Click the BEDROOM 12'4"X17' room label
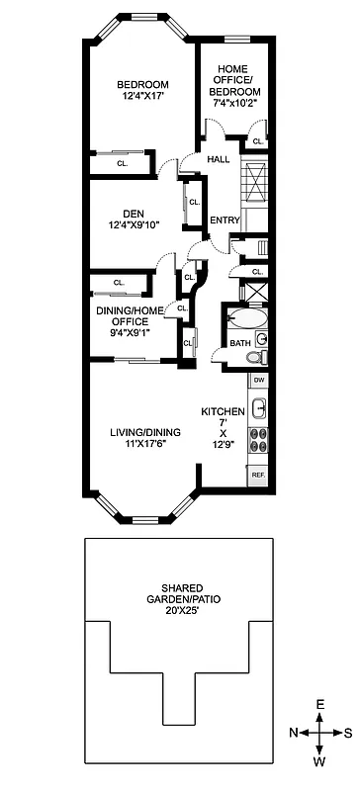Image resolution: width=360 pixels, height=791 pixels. tap(141, 90)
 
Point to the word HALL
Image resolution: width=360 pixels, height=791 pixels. tap(219, 159)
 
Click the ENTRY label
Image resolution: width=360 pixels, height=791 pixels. tap(225, 220)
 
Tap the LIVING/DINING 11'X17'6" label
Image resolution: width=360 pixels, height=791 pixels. tap(141, 438)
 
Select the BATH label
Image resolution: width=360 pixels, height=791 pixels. tap(240, 343)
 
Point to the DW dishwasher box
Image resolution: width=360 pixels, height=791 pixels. tap(258, 380)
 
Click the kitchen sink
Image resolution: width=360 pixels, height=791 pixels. tap(259, 407)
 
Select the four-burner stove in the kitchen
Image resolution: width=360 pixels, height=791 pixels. tap(259, 439)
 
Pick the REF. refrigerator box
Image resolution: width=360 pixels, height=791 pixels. tap(259, 476)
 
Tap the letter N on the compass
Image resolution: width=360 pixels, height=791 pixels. tap(294, 733)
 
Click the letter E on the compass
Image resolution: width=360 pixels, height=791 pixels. tap(320, 704)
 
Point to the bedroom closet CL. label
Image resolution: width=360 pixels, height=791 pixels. tap(122, 163)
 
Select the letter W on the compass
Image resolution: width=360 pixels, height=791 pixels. tap(320, 762)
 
